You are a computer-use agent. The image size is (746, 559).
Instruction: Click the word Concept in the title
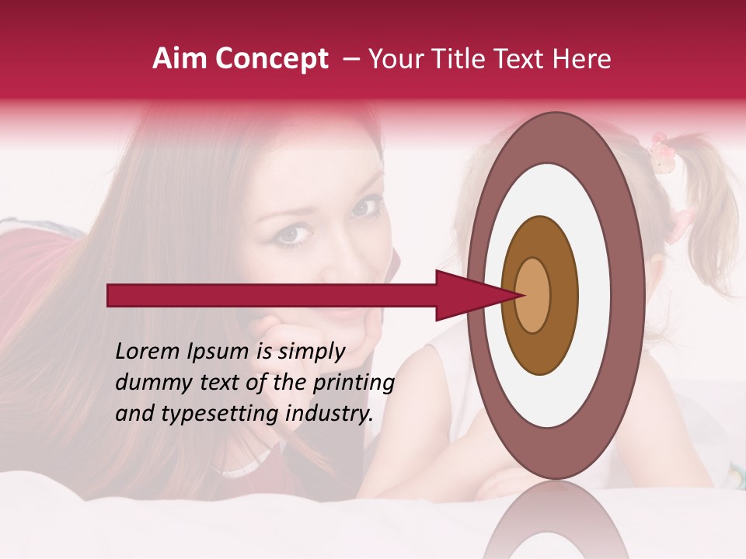point(272,60)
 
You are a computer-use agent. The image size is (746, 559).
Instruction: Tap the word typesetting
point(215,415)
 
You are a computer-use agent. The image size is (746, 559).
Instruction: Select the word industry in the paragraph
point(329,414)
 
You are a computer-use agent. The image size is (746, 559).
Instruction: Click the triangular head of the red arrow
point(466,295)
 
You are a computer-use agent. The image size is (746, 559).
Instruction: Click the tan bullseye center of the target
point(532,295)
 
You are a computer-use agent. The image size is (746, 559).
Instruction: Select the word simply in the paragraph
point(311,352)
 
